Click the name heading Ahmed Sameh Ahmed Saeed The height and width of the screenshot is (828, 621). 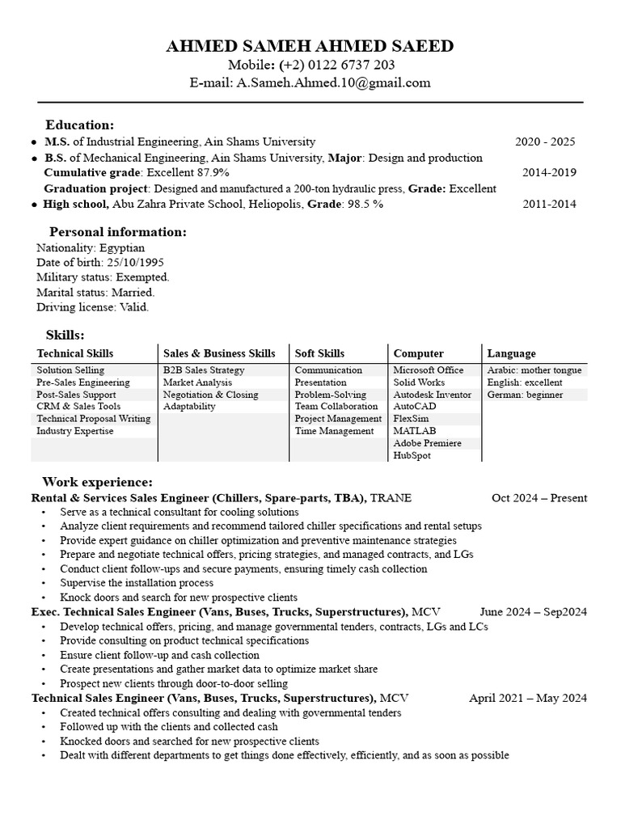(x=310, y=46)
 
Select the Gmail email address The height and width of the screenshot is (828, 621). (x=333, y=82)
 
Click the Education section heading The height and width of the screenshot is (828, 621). (x=79, y=125)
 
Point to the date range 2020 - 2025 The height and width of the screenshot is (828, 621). (x=545, y=142)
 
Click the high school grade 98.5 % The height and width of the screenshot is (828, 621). (x=365, y=205)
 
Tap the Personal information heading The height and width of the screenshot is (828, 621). (x=118, y=232)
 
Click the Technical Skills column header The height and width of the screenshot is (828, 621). (x=75, y=353)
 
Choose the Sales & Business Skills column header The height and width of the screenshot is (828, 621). (x=219, y=353)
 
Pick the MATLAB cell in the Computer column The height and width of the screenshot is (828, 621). (x=415, y=431)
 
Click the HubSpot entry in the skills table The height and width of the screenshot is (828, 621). (x=412, y=456)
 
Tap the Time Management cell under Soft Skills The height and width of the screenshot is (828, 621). (x=334, y=431)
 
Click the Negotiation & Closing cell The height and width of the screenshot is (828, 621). (x=210, y=395)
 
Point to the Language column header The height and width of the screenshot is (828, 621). (x=511, y=353)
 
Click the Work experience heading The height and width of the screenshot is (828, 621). (x=97, y=482)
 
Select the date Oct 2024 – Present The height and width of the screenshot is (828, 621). (x=539, y=498)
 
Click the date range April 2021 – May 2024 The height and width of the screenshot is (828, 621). (x=528, y=698)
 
